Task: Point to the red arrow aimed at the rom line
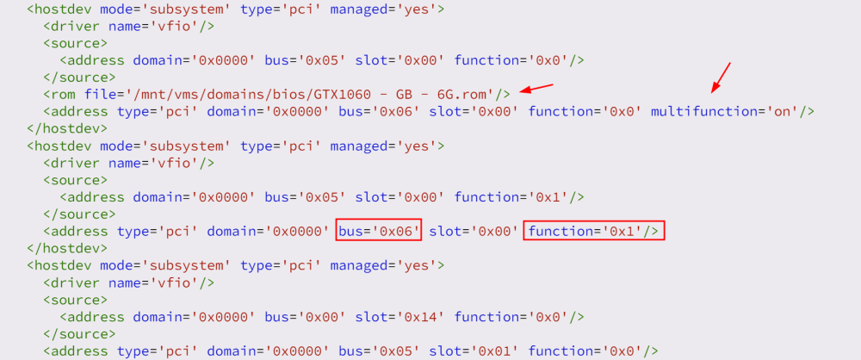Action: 536,88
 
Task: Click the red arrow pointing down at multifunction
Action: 721,78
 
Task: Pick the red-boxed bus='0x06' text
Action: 378,232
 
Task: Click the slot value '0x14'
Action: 421,317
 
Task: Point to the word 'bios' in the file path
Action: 270,94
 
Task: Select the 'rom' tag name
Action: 64,94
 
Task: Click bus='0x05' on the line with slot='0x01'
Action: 378,351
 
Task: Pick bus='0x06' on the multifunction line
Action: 378,112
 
